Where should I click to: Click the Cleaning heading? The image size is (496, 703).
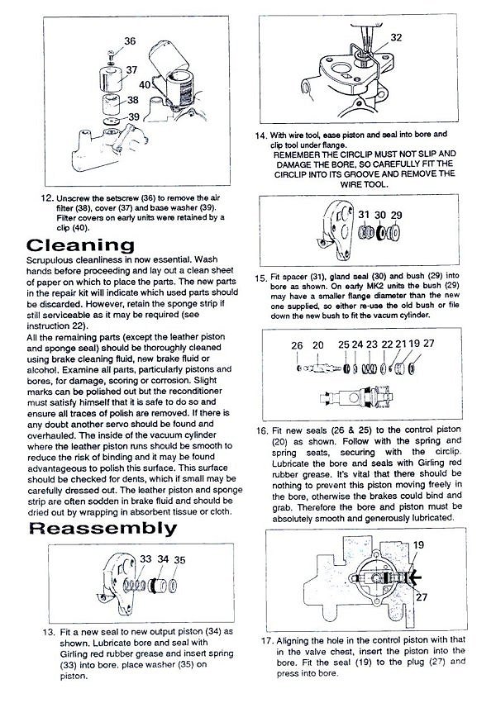pyautogui.click(x=80, y=245)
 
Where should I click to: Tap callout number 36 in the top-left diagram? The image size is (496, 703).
pyautogui.click(x=130, y=40)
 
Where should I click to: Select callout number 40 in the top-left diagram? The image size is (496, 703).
pyautogui.click(x=144, y=84)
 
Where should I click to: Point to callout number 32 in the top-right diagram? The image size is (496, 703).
pyautogui.click(x=396, y=37)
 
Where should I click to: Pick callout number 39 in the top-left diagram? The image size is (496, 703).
pyautogui.click(x=132, y=116)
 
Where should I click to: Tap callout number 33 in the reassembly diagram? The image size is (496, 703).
pyautogui.click(x=145, y=559)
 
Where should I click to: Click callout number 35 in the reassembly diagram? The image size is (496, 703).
pyautogui.click(x=179, y=559)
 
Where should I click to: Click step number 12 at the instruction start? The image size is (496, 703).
pyautogui.click(x=46, y=199)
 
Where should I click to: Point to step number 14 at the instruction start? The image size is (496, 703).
pyautogui.click(x=260, y=134)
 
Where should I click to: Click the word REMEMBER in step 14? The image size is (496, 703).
pyautogui.click(x=299, y=154)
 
